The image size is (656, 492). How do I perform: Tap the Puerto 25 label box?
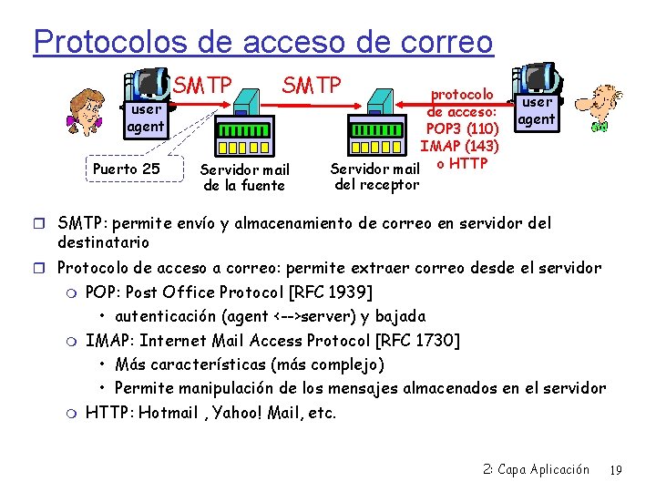(x=126, y=169)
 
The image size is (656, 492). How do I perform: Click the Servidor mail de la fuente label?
(x=244, y=178)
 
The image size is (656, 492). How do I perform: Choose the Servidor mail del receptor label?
(x=375, y=177)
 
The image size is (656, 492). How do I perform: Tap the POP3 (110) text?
(x=462, y=128)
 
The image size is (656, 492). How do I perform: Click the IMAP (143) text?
(x=459, y=145)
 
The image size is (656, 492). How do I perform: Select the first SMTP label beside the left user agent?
(x=202, y=87)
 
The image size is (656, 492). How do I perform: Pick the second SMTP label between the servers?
(x=311, y=86)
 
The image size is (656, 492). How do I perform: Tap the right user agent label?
(x=537, y=110)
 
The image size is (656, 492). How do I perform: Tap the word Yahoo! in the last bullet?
(x=240, y=413)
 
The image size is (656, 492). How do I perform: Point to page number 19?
(x=615, y=470)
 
